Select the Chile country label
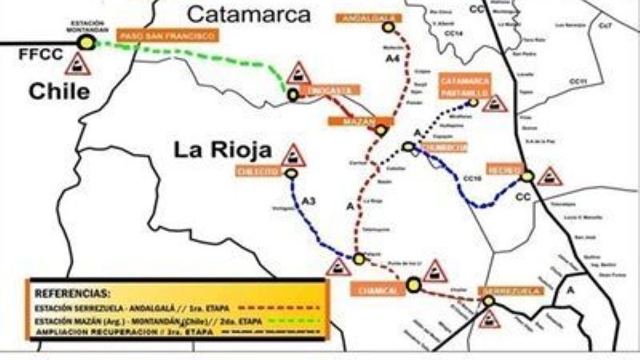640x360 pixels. (x=59, y=91)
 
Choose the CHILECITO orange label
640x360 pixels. (x=257, y=171)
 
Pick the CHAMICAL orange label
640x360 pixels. (x=373, y=289)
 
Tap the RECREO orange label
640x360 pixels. (x=505, y=170)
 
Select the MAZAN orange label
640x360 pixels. (x=351, y=121)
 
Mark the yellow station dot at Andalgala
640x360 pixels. (x=389, y=27)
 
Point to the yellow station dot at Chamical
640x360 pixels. (x=413, y=283)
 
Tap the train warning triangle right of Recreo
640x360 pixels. (x=549, y=175)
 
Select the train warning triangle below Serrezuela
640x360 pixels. (x=490, y=317)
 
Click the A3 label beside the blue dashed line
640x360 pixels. (x=309, y=203)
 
